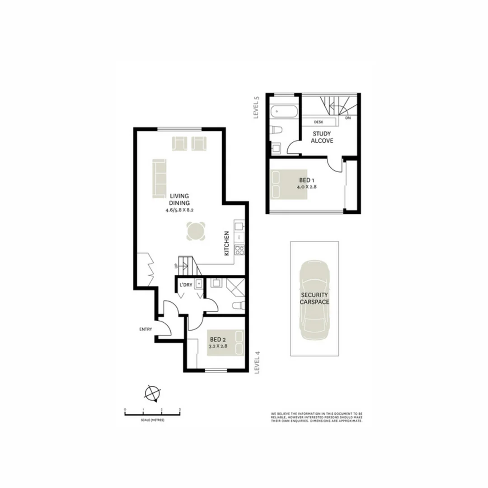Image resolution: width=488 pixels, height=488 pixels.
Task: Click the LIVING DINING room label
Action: coord(179,199)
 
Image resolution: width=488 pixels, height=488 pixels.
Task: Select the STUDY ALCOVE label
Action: coord(323,137)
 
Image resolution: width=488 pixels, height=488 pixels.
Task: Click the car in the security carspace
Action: coord(314,301)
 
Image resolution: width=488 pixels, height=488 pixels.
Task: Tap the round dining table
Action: coord(196,231)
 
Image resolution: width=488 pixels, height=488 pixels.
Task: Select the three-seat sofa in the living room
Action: coord(159,178)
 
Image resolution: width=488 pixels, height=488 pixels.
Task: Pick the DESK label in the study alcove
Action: coord(319,122)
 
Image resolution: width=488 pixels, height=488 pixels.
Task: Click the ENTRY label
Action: coord(146,329)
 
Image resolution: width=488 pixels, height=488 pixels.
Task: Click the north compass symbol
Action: coord(152,394)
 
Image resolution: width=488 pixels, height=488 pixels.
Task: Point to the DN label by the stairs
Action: coord(347,118)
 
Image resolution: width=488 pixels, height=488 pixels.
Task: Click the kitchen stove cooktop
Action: coord(239,249)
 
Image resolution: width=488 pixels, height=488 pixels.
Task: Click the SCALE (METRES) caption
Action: coord(152,420)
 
